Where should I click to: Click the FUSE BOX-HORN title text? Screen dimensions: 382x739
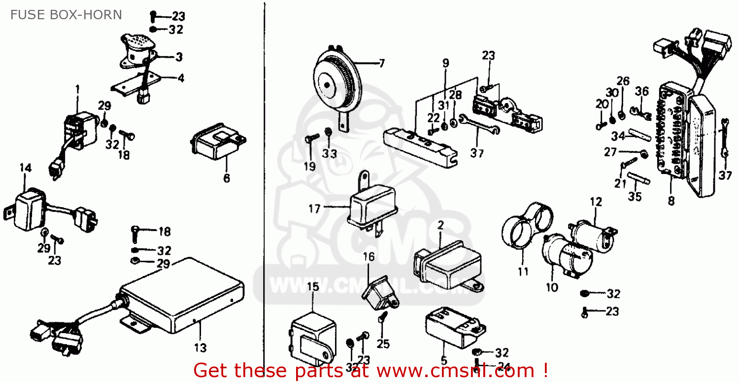pyautogui.click(x=66, y=15)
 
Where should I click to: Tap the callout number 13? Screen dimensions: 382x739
pyautogui.click(x=200, y=347)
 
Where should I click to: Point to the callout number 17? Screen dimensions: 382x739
pyautogui.click(x=314, y=209)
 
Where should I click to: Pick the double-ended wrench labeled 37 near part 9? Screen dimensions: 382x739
pyautogui.click(x=477, y=125)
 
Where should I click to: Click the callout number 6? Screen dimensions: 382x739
pyautogui.click(x=226, y=178)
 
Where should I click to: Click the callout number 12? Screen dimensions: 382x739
pyautogui.click(x=596, y=201)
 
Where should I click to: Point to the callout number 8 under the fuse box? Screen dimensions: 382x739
pyautogui.click(x=671, y=201)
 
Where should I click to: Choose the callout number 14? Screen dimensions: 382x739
pyautogui.click(x=25, y=168)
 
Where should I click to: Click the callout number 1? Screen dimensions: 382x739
pyautogui.click(x=77, y=89)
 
